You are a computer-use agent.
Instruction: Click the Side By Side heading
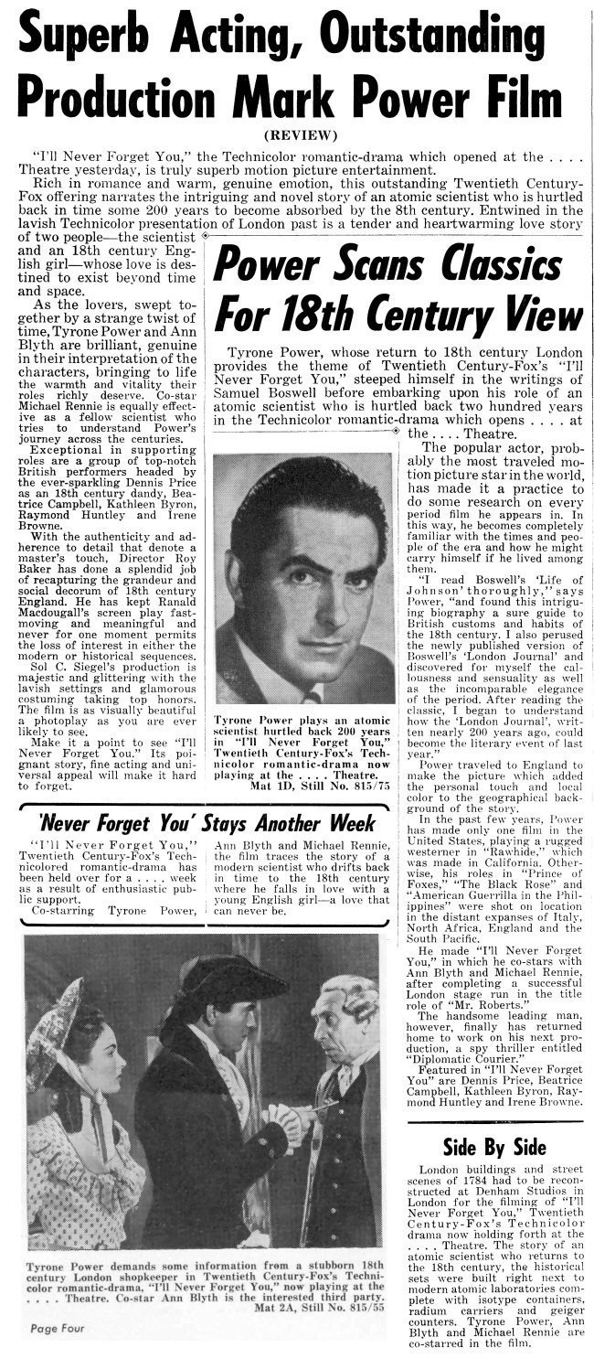[493, 1148]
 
